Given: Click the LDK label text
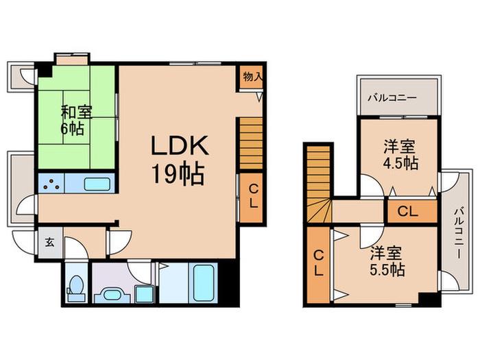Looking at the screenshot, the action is (180, 145).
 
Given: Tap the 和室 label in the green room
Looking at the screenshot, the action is (77, 112).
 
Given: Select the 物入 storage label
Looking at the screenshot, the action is (253, 77).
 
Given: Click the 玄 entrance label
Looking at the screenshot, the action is (50, 243).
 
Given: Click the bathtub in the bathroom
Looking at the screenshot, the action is (203, 283).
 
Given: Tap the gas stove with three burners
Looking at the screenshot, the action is (51, 183).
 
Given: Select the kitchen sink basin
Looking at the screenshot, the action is (97, 184).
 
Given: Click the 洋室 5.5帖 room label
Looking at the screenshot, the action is (387, 261).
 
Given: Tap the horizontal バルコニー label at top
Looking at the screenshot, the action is (392, 98).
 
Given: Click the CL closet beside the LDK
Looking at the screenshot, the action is (252, 198).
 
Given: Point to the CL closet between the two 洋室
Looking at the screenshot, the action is (412, 211).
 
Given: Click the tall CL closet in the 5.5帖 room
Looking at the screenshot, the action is (318, 265).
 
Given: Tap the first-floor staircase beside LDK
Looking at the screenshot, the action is (251, 143).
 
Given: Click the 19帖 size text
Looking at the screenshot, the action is (178, 174).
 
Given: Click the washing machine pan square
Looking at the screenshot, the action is (144, 294).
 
